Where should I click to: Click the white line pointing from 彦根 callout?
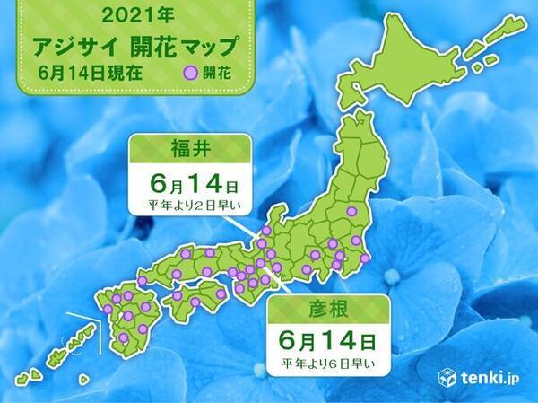click(275, 284)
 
